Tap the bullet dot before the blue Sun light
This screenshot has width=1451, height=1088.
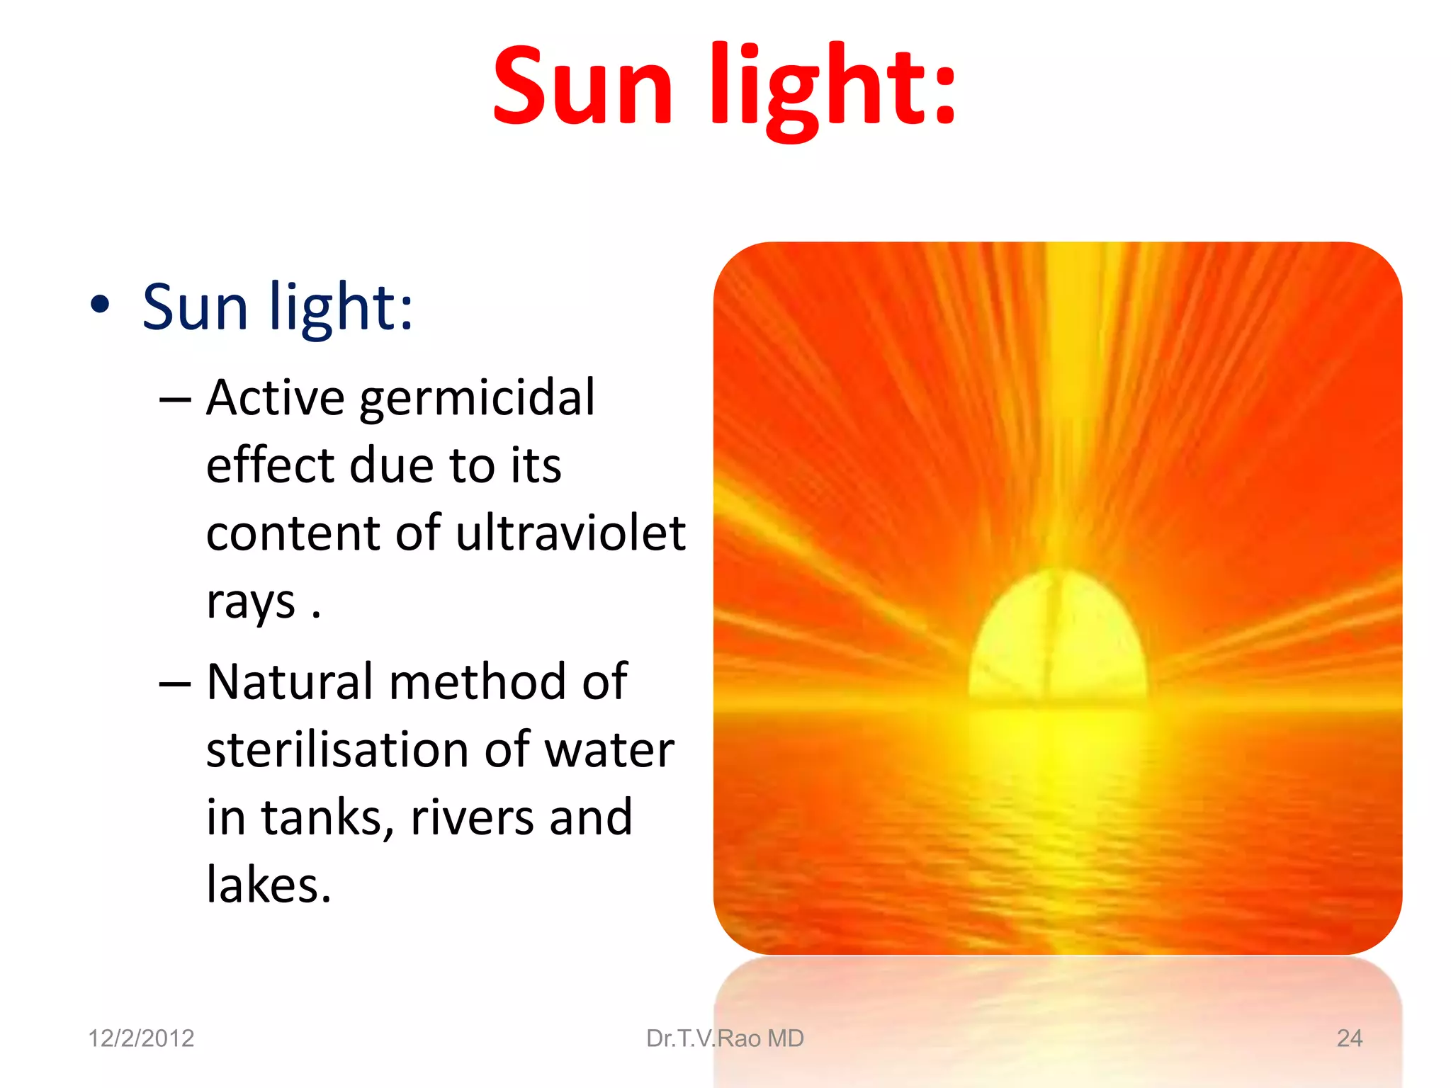point(101,305)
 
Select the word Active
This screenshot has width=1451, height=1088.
point(276,398)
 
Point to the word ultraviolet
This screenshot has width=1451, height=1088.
point(570,533)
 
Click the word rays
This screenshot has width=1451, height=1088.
point(251,602)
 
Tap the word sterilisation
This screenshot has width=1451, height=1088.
point(339,749)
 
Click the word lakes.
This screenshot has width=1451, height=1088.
point(268,885)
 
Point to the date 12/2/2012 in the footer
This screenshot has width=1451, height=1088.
point(141,1038)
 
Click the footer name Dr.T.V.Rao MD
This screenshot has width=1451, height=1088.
point(725,1038)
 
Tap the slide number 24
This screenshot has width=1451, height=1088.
point(1349,1038)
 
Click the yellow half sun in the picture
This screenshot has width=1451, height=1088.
point(1057,637)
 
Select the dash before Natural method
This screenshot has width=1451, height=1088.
point(175,684)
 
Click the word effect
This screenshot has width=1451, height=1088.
point(270,466)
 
